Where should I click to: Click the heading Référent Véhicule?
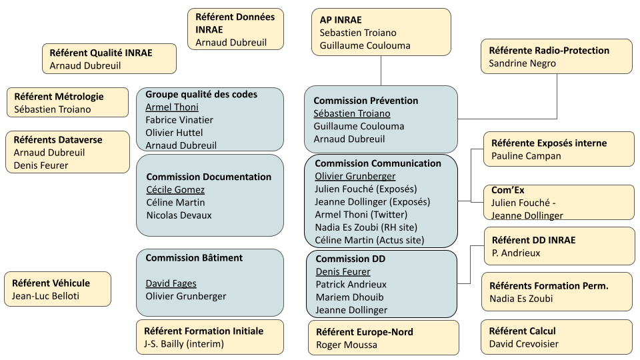tap(51, 283)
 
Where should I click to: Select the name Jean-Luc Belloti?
tap(45, 296)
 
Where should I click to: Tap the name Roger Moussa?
tap(346, 345)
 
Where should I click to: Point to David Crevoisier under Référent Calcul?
tap(523, 344)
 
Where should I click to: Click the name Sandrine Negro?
tap(522, 63)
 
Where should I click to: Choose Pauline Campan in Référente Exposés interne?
tap(526, 156)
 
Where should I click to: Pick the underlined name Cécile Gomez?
tap(175, 190)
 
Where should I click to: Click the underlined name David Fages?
tap(171, 283)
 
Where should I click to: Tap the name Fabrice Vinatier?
tap(179, 120)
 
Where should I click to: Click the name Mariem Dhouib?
tap(346, 297)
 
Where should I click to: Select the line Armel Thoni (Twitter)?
tap(361, 215)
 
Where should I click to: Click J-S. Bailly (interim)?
tap(183, 344)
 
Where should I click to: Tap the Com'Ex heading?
tap(507, 190)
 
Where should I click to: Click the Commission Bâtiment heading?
tap(194, 258)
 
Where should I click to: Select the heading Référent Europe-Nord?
tap(364, 332)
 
